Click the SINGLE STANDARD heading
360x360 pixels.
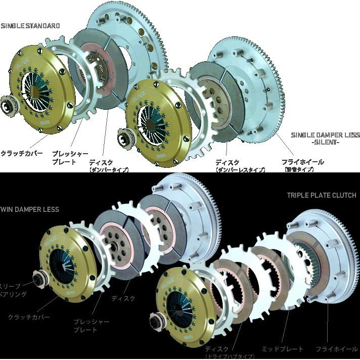[30, 25]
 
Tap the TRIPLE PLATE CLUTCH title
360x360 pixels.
[322, 195]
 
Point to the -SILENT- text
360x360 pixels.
[325, 143]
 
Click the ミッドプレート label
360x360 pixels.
[283, 349]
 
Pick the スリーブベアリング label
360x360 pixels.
[13, 290]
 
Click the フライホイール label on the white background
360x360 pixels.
[302, 162]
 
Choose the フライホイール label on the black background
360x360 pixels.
[337, 349]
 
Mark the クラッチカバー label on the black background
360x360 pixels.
[28, 317]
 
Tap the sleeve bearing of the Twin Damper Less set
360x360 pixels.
[38, 278]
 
